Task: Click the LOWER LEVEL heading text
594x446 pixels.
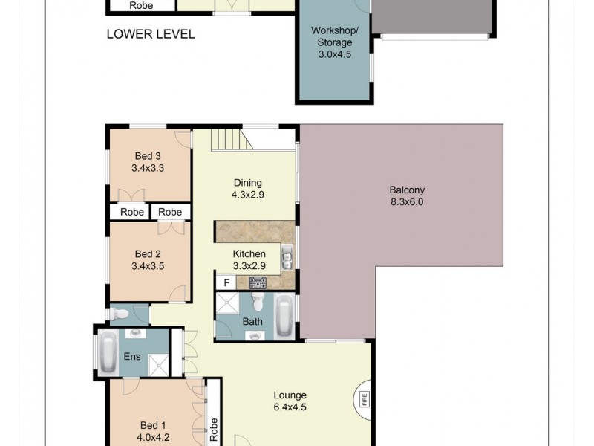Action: pos(151,34)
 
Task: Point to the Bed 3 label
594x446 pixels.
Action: pos(148,156)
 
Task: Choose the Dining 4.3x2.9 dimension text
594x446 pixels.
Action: pos(249,195)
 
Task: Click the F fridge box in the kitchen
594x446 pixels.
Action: pos(225,283)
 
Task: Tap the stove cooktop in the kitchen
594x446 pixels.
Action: pos(258,282)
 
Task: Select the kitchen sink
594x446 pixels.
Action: pos(287,259)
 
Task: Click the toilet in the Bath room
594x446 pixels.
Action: pos(258,302)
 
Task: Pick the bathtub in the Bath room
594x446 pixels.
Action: pos(284,316)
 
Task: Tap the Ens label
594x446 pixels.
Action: pos(132,357)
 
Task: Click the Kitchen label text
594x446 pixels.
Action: pos(249,254)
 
